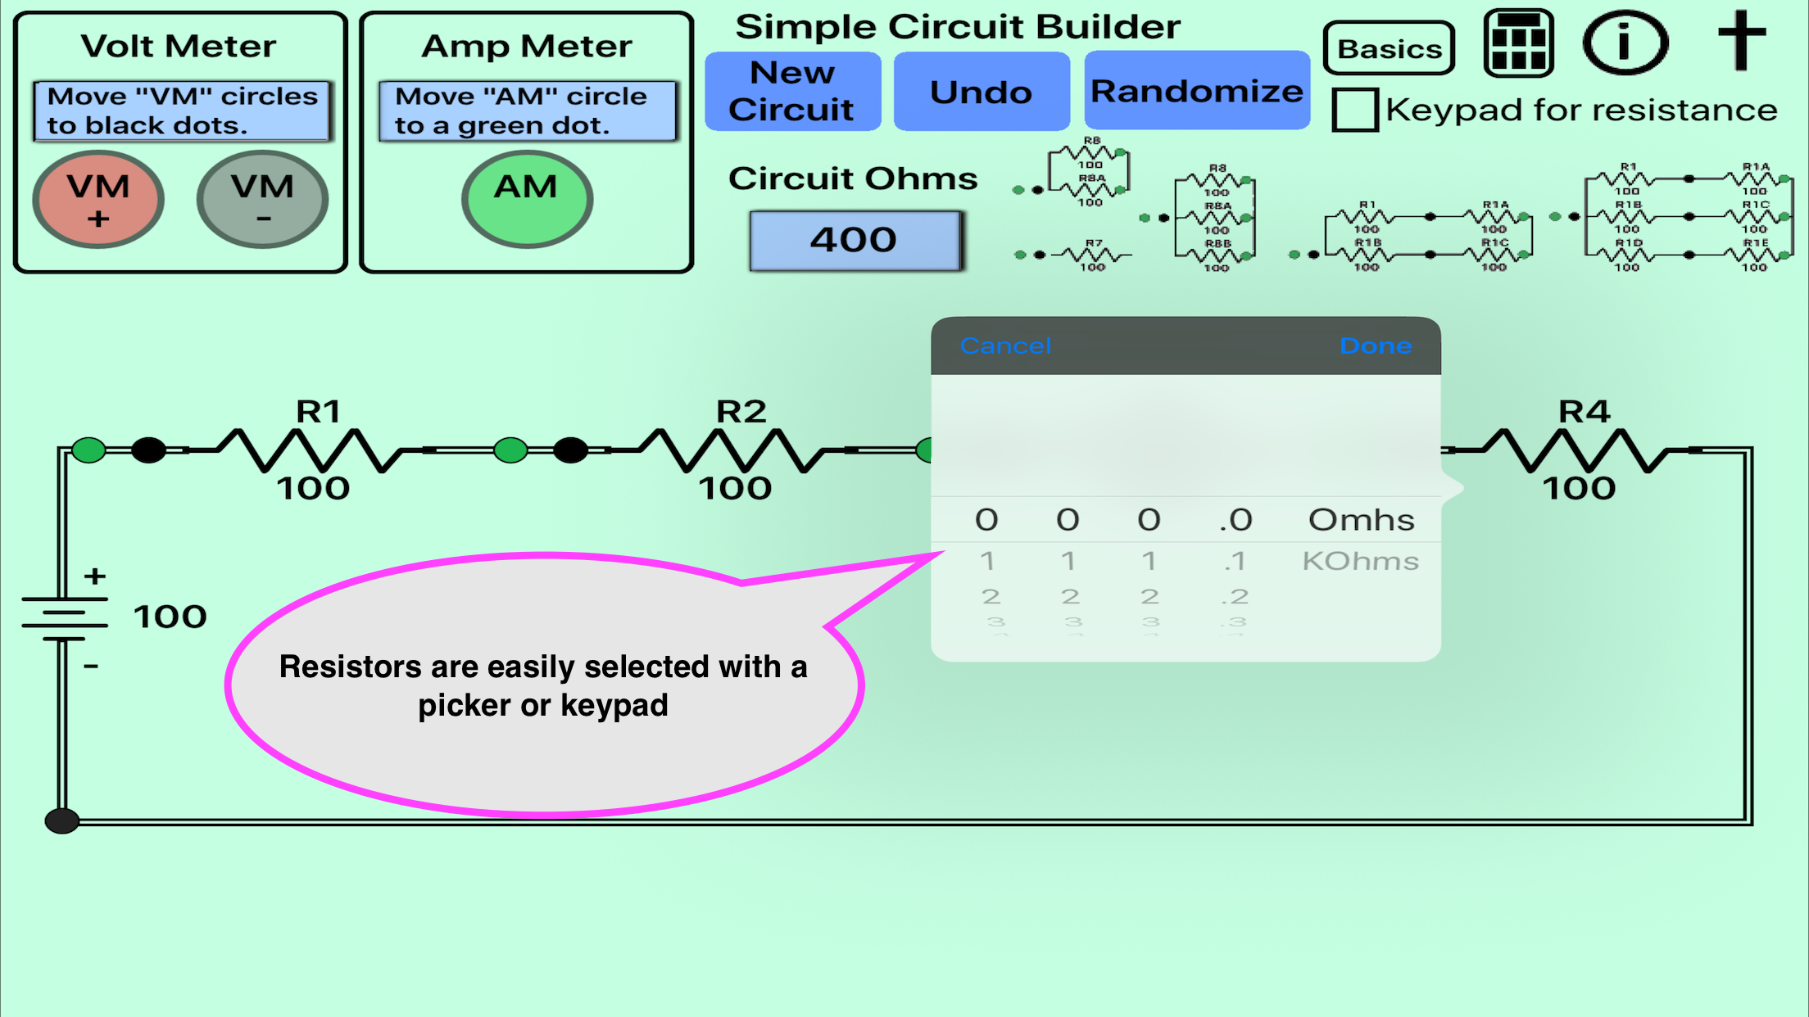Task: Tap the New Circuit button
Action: point(792,91)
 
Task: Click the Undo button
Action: point(981,92)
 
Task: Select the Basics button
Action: point(1389,48)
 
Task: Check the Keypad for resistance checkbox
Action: point(1354,110)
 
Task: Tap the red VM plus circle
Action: point(98,199)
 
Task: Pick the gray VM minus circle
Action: point(262,199)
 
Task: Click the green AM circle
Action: point(527,199)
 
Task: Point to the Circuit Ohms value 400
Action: point(855,240)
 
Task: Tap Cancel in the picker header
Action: point(1005,346)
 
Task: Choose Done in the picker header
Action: point(1376,346)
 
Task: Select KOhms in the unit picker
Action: point(1360,561)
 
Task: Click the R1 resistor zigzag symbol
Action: point(310,450)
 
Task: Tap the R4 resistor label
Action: point(1584,411)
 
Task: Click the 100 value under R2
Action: point(735,489)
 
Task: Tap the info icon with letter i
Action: point(1625,43)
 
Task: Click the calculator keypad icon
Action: point(1518,43)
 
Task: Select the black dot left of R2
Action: point(570,450)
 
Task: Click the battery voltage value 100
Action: point(170,617)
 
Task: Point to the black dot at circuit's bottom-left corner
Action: point(62,820)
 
